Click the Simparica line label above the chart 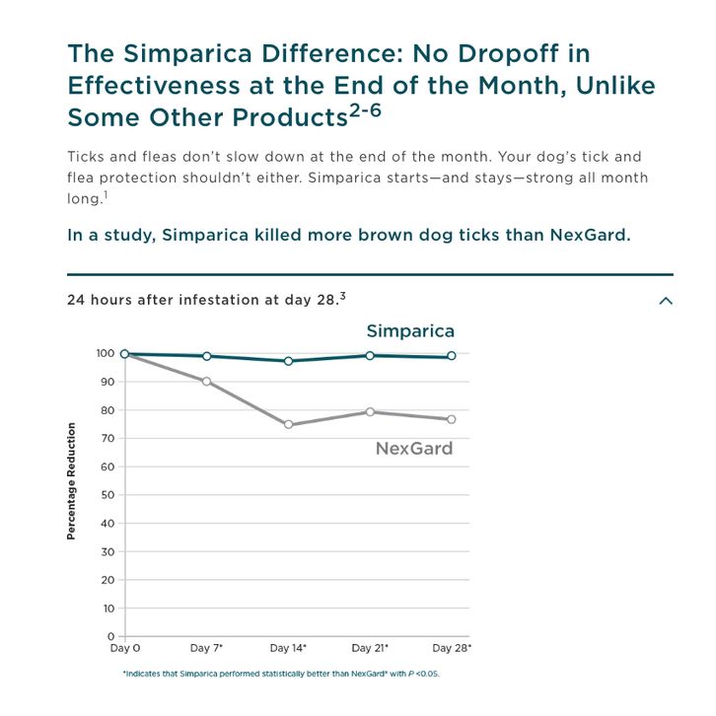[x=410, y=330]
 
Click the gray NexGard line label [x=414, y=449]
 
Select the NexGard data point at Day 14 [x=289, y=425]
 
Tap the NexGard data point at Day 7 [x=206, y=381]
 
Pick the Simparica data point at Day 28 [x=453, y=356]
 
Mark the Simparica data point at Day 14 [x=289, y=361]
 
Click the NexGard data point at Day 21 [x=371, y=412]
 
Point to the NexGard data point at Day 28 [x=453, y=419]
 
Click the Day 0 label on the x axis [x=124, y=648]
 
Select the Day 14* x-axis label [x=289, y=648]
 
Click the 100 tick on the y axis [x=107, y=353]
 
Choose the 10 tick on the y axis [x=109, y=609]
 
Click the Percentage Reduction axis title [x=72, y=481]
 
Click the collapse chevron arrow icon [x=666, y=301]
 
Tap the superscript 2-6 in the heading [x=365, y=111]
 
